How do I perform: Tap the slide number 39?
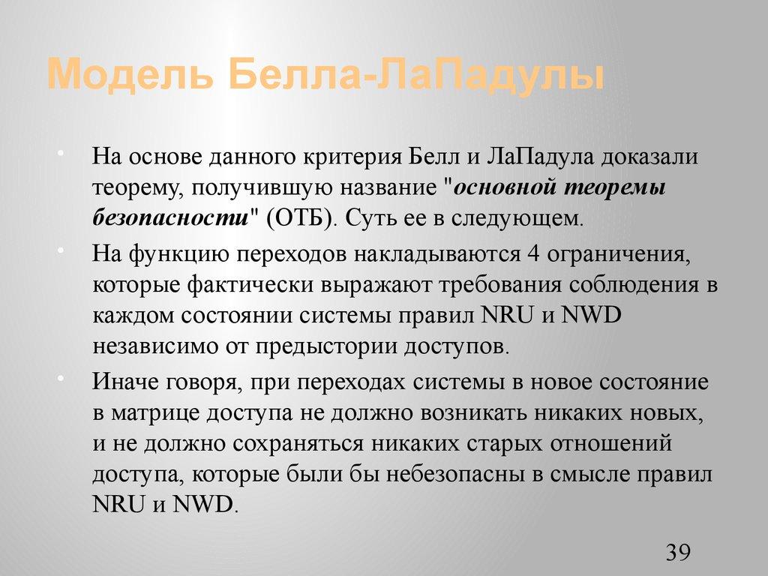(677, 553)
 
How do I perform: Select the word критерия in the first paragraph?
(345, 157)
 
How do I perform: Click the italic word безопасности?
(170, 218)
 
